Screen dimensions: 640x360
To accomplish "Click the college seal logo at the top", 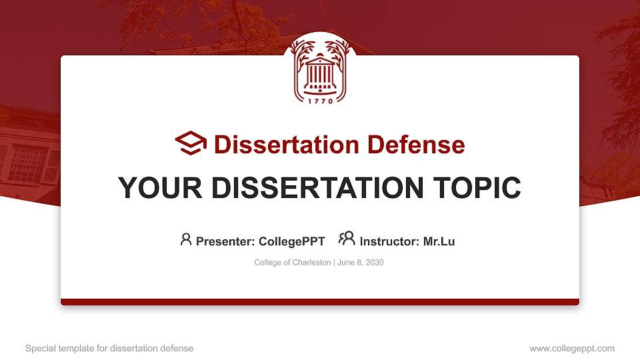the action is pyautogui.click(x=320, y=69).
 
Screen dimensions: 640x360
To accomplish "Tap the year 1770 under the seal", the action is pyautogui.click(x=321, y=101).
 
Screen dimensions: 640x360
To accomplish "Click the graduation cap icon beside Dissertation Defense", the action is pyautogui.click(x=191, y=143).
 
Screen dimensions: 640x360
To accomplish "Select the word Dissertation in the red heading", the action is pyautogui.click(x=287, y=145).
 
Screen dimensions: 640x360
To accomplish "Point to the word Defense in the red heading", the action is pyautogui.click(x=416, y=145).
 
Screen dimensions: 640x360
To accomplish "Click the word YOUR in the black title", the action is pyautogui.click(x=160, y=188).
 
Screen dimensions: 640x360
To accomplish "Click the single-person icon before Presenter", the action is pyautogui.click(x=186, y=239).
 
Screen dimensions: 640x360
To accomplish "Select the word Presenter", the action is pyautogui.click(x=225, y=241).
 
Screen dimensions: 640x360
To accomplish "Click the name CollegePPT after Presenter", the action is pyautogui.click(x=292, y=241).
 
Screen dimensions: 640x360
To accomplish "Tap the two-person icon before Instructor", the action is pyautogui.click(x=347, y=239).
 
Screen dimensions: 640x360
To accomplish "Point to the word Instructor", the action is pyautogui.click(x=389, y=241).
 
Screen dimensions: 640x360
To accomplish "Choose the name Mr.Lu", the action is pyautogui.click(x=439, y=241).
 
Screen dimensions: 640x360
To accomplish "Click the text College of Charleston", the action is pyautogui.click(x=292, y=263).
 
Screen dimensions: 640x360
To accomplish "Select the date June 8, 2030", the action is pyautogui.click(x=361, y=263).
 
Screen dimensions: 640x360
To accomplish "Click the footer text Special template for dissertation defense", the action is pyautogui.click(x=109, y=348).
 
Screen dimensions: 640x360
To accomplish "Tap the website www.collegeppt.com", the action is pyautogui.click(x=572, y=349).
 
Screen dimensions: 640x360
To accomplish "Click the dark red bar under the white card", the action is pyautogui.click(x=320, y=302).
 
